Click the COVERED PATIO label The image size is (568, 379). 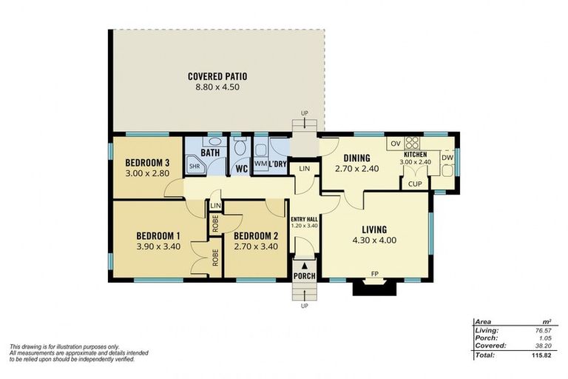pyautogui.click(x=217, y=76)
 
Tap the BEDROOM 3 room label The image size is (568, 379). pyautogui.click(x=147, y=164)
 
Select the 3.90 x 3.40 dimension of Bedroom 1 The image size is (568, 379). pyautogui.click(x=158, y=249)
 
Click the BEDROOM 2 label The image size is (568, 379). pyautogui.click(x=255, y=236)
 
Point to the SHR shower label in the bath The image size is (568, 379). pyautogui.click(x=195, y=167)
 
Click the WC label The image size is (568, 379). pyautogui.click(x=241, y=168)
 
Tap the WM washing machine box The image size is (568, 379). pyautogui.click(x=260, y=163)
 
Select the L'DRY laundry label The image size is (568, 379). pyautogui.click(x=278, y=163)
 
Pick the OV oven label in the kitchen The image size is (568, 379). pyautogui.click(x=395, y=143)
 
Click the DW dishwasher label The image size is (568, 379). pyautogui.click(x=447, y=158)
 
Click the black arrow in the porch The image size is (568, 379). pyautogui.click(x=304, y=264)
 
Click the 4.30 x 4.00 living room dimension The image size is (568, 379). pyautogui.click(x=376, y=241)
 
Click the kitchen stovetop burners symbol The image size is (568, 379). pyautogui.click(x=412, y=144)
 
